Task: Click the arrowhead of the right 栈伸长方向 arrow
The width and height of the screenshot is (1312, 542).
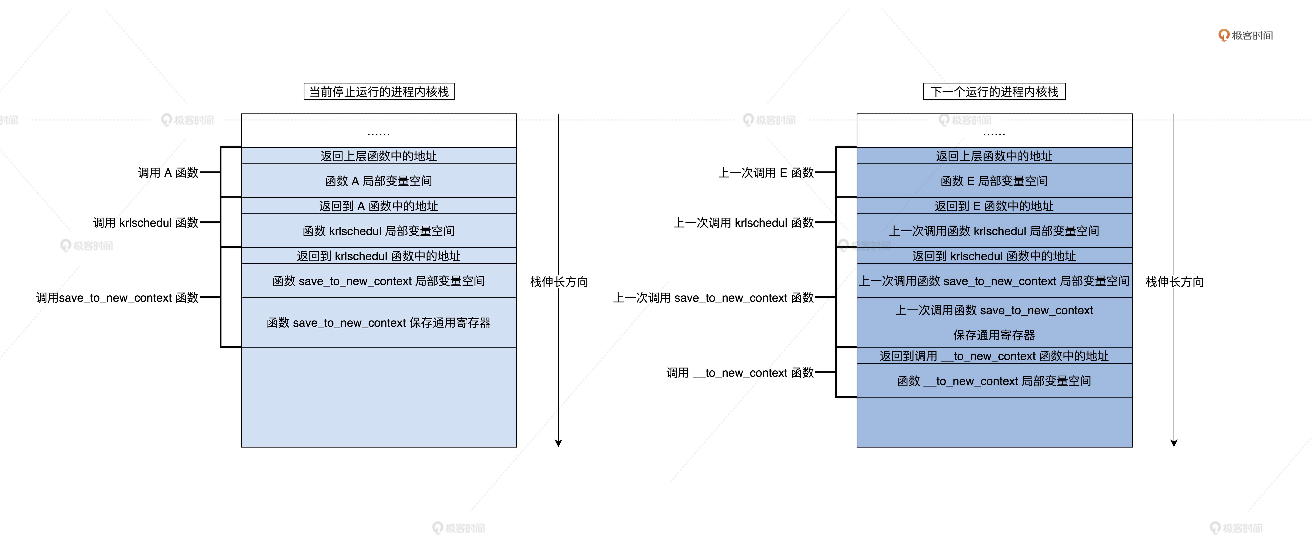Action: point(1174,443)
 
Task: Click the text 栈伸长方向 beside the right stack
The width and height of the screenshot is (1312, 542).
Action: point(1175,281)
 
